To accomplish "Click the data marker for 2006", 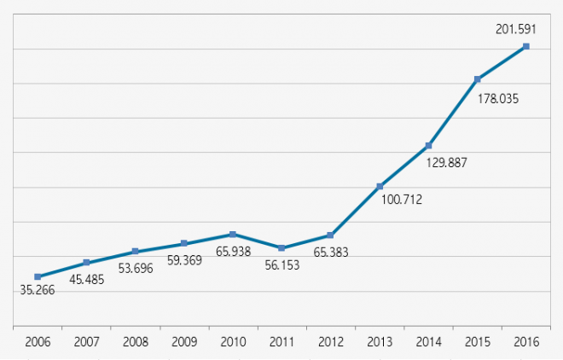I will (x=38, y=276).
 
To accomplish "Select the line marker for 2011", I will (x=281, y=248).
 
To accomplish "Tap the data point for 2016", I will (x=525, y=46).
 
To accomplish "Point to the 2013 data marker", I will (x=380, y=187).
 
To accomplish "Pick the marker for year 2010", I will (x=233, y=234).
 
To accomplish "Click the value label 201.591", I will (x=515, y=29).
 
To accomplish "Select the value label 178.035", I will (x=498, y=98).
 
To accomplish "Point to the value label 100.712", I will (x=402, y=200).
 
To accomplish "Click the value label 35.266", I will (x=38, y=290).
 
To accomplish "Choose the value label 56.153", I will (x=281, y=265).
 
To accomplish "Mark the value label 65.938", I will (x=232, y=251).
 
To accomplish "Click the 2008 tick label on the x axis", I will (x=135, y=342).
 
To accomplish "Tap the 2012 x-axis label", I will (x=330, y=342).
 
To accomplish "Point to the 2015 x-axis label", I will (x=477, y=342).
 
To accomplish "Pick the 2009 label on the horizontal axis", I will (x=183, y=342).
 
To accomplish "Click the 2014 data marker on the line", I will (x=428, y=146).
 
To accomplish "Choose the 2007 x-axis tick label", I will (x=86, y=342).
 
